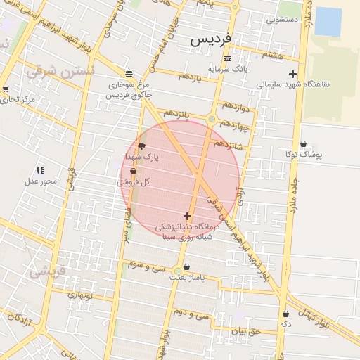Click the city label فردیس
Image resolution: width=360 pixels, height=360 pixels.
coord(212,41)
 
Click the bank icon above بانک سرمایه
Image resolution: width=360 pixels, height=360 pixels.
coord(226,58)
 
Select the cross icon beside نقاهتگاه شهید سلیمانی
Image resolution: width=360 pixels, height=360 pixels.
coord(292,73)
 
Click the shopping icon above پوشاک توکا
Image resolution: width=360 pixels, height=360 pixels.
coord(303,143)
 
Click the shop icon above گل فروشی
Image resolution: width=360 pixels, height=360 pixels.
coord(133,171)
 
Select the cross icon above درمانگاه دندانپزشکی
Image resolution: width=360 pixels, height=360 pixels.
coord(187,216)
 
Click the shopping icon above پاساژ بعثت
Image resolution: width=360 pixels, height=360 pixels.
coord(186,267)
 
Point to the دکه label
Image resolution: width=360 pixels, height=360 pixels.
coord(285,324)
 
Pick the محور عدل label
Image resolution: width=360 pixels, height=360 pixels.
coord(40,181)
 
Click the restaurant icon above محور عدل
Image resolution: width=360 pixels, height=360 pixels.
coord(40,170)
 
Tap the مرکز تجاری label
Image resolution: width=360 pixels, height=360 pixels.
coord(18,100)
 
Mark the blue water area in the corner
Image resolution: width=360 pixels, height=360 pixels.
coord(328,21)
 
